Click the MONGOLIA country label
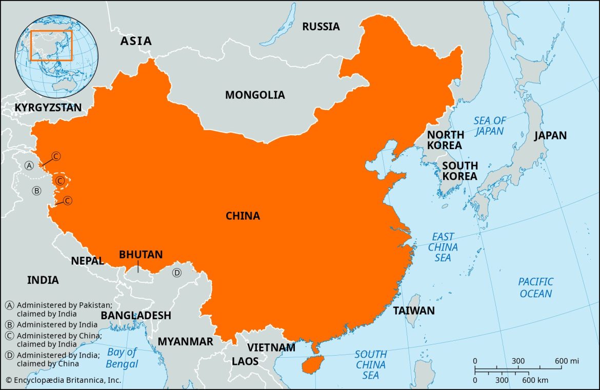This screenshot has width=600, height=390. [255, 95]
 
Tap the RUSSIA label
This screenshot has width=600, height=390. [321, 27]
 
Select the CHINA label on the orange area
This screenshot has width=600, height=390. [243, 216]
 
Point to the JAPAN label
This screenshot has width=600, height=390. [550, 136]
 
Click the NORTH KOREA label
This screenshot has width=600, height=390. [446, 140]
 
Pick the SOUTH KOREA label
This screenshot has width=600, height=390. [459, 171]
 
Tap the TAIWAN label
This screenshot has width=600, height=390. [414, 311]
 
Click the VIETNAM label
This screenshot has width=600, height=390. [271, 347]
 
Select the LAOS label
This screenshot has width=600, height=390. [245, 361]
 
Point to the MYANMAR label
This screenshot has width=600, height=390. [185, 342]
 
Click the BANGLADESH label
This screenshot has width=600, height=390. [136, 316]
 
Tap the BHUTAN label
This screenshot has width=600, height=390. [141, 255]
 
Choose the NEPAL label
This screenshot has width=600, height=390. [87, 261]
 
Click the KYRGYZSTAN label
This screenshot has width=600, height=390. [48, 108]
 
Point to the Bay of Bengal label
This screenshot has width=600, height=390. [122, 358]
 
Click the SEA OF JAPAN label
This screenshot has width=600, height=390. [489, 126]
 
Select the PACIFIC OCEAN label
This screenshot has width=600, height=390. [536, 288]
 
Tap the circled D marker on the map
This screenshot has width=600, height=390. [177, 273]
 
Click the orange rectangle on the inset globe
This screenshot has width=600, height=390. [51, 45]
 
